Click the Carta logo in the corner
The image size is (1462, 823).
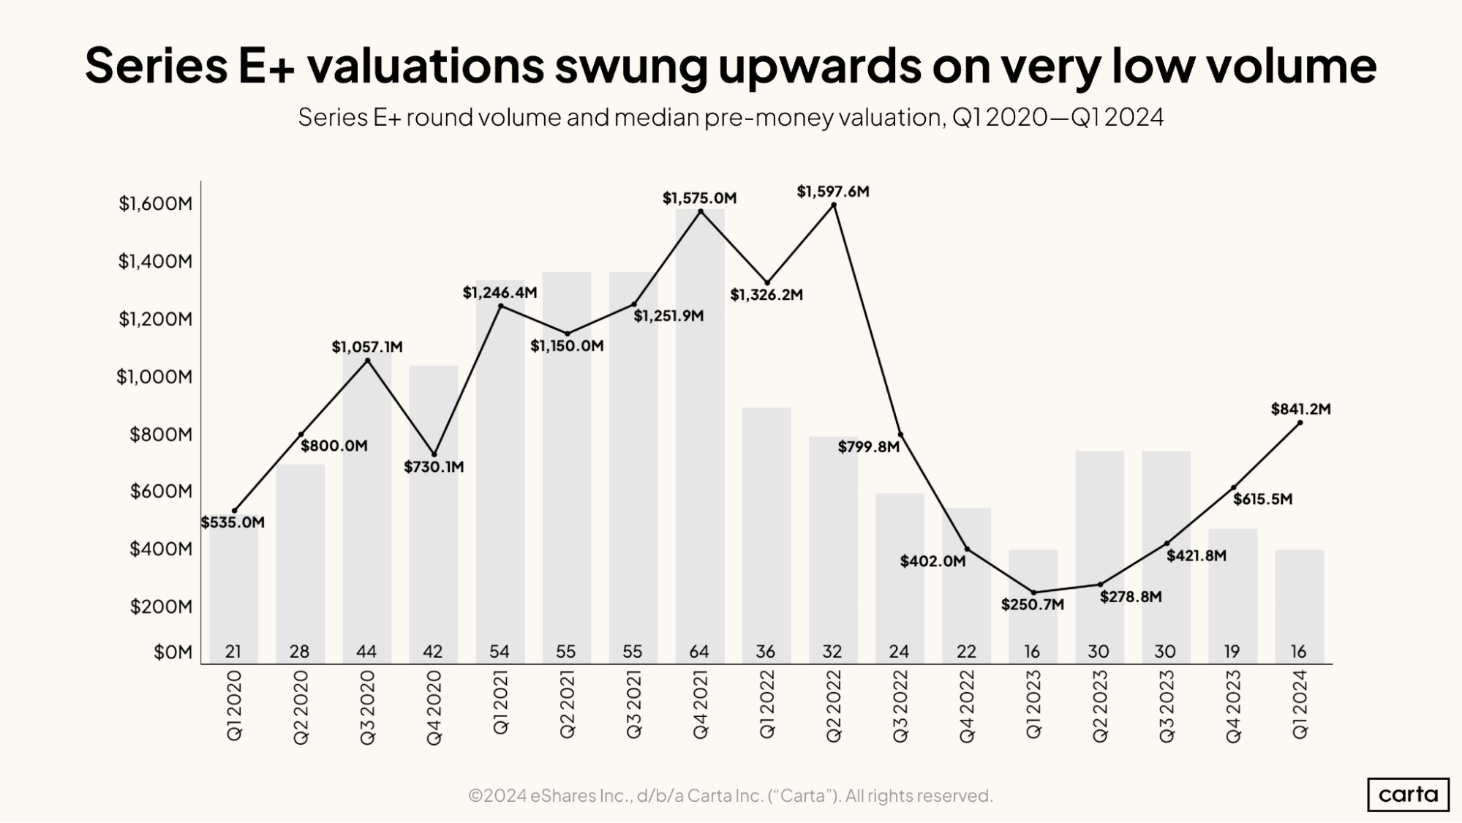tap(1408, 794)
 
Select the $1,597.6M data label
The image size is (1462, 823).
tap(833, 192)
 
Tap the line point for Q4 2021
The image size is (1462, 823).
tap(701, 211)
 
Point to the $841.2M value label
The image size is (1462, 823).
tap(1300, 410)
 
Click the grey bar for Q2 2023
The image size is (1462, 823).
tap(1099, 556)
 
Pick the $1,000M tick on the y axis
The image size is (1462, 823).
tap(154, 377)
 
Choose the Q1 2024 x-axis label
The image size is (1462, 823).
tap(1300, 704)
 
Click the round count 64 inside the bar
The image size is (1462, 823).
tap(699, 651)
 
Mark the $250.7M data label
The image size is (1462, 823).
tap(1032, 605)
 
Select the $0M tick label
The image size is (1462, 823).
tap(173, 652)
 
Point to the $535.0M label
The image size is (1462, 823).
tap(233, 522)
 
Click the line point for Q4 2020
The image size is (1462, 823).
tap(434, 454)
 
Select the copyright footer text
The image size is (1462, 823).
tap(730, 795)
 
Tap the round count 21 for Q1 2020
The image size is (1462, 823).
tap(233, 651)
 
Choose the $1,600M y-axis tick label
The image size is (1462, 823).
tap(155, 203)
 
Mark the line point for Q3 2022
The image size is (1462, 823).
tap(900, 435)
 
